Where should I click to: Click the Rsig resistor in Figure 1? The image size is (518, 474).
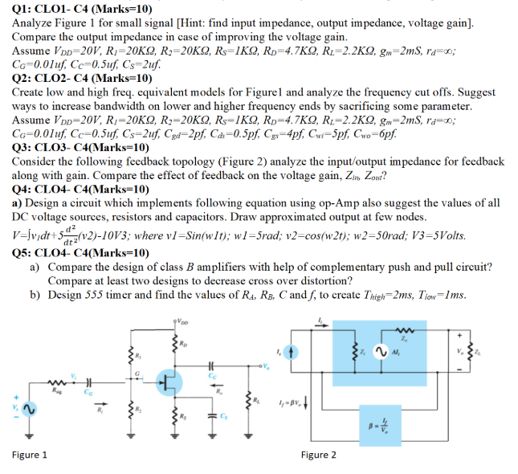click(57, 382)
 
